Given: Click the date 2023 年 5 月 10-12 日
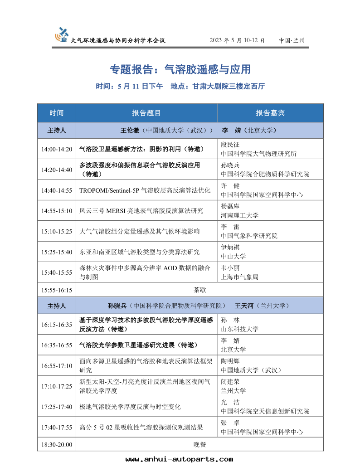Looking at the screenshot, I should coord(237,40).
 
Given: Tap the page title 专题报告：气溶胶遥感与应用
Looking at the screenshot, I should coord(180,69).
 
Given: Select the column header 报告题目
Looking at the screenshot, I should coord(146,113).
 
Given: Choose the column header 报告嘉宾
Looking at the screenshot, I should coord(270,113).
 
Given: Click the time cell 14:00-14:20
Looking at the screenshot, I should coord(57,149).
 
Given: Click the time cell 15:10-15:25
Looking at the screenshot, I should coord(57,231).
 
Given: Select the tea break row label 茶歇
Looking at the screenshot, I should coord(199,289).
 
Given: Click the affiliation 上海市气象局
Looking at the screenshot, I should coord(240,277).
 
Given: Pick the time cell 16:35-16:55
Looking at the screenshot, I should coord(57,345).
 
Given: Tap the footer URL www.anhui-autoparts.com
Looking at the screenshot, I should coord(179,459).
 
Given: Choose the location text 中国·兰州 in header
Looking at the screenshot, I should coord(292,40).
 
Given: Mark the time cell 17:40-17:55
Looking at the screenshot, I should coord(57,427).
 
